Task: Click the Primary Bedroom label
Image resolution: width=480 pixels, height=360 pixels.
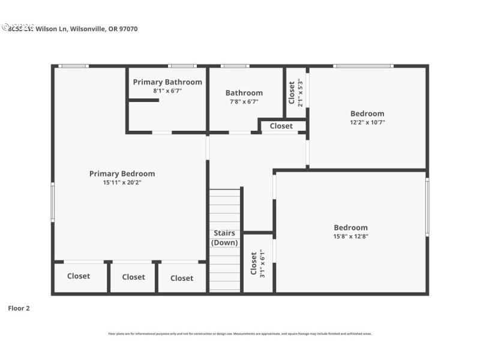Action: pos(122,174)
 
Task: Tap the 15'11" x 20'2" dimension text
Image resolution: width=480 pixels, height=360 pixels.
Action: pos(122,182)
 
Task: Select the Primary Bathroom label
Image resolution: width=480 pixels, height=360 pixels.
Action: pos(167,82)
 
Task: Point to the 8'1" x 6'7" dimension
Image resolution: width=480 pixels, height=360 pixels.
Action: pos(167,91)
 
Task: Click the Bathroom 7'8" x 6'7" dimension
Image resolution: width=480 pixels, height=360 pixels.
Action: pos(244,101)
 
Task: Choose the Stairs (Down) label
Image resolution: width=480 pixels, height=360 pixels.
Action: pos(224,238)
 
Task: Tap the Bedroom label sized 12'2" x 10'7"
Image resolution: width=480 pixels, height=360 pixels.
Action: pos(367,114)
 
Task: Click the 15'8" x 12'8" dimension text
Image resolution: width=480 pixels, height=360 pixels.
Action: pos(351,236)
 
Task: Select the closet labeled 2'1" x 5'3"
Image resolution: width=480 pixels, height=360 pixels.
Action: pos(296,92)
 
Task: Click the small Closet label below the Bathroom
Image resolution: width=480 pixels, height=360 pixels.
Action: pos(281,126)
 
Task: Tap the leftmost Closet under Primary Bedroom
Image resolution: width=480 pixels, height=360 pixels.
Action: pos(79,276)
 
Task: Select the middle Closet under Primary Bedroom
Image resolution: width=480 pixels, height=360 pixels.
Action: pos(133,277)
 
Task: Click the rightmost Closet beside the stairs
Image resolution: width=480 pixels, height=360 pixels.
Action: pos(182,278)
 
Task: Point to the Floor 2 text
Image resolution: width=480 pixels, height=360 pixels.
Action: pos(19,308)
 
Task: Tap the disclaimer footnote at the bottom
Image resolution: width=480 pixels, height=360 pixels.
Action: pos(239,334)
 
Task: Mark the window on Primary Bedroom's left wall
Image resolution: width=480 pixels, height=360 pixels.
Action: pos(53,202)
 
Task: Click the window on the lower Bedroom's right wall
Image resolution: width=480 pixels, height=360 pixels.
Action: pos(427,207)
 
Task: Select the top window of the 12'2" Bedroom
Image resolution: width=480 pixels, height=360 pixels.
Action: pos(364,66)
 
